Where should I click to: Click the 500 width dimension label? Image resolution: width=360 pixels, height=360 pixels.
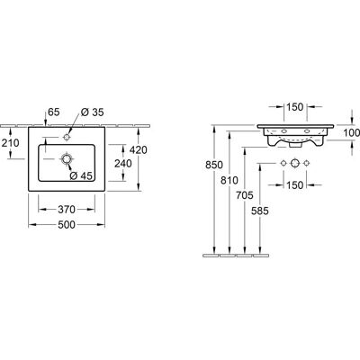pos(67,225)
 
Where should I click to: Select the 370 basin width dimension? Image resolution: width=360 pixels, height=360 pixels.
pos(67,210)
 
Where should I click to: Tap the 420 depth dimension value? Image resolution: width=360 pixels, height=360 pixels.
pos(139,149)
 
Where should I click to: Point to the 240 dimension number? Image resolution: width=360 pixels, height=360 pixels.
pos(123,164)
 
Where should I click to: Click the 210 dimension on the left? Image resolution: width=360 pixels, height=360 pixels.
pos(10,143)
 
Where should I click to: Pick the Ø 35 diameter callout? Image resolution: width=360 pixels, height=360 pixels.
pos(92,112)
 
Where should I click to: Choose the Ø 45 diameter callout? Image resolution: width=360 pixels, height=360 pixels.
pos(81,176)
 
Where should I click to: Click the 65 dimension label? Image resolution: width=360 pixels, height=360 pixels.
pos(54,112)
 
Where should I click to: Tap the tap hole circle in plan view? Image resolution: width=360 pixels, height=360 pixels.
pos(67,137)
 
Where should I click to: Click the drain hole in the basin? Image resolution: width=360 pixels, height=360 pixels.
pos(66,158)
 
